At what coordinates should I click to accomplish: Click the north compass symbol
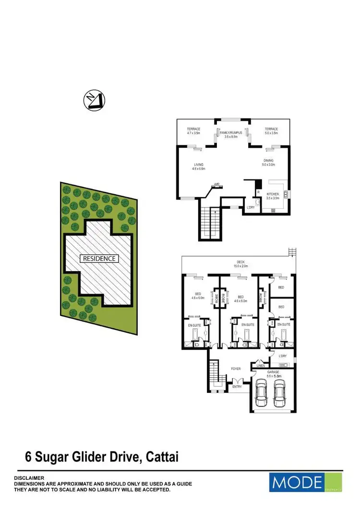[94, 101]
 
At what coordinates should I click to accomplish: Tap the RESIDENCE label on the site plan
[100, 258]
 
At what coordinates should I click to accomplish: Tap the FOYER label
[235, 368]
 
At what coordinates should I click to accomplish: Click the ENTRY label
[237, 386]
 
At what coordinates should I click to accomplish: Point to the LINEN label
[261, 366]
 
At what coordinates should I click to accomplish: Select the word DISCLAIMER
[29, 478]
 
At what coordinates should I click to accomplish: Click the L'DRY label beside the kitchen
[251, 207]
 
